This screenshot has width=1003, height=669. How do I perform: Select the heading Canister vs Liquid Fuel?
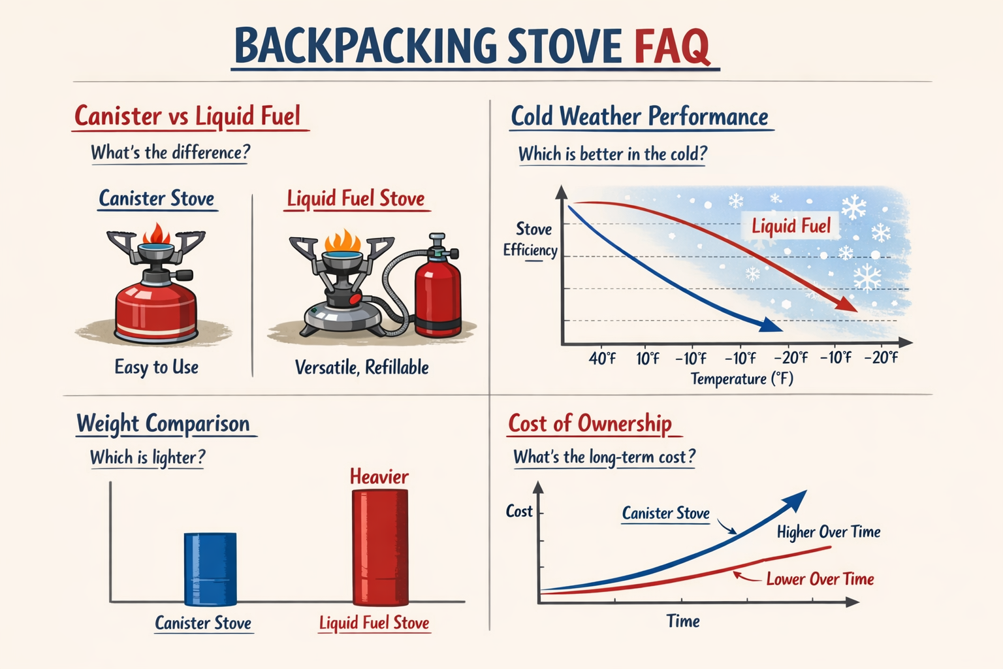point(187,116)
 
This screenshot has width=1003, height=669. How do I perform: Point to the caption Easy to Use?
point(157,367)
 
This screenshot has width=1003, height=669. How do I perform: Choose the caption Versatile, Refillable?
point(362,367)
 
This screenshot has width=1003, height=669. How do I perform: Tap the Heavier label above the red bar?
point(379,476)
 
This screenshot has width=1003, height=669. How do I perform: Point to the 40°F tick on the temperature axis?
point(602,358)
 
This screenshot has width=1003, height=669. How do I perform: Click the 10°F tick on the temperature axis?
point(648,358)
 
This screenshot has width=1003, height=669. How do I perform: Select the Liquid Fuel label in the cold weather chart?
point(791,226)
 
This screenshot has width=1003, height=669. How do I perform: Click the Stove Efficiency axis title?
point(531,240)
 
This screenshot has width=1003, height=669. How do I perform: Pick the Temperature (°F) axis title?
point(742,379)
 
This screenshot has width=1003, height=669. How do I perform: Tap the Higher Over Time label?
point(829,532)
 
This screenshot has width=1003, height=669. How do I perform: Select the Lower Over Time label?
point(820,579)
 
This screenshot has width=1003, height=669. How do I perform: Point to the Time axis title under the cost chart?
point(683,621)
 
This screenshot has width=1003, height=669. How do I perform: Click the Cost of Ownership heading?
point(590,423)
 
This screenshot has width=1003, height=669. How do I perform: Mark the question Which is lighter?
point(148,457)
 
